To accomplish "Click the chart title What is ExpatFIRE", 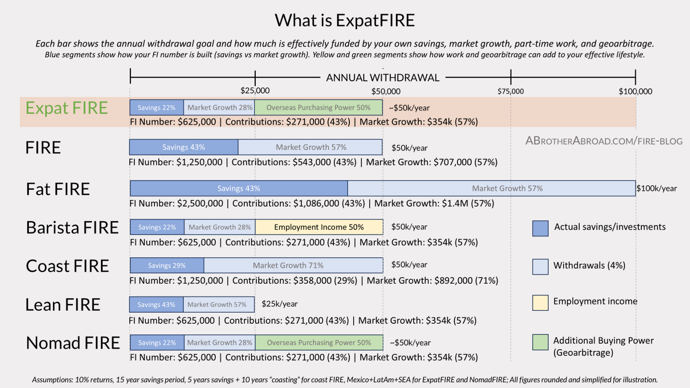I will [x=345, y=20].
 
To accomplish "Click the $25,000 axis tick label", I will [x=255, y=91].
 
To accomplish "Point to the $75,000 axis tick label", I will [x=511, y=91].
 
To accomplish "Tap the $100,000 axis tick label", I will [x=635, y=91].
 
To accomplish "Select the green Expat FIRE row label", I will [x=67, y=108].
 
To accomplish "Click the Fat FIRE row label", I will [x=58, y=189].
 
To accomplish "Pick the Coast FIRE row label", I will [x=68, y=266].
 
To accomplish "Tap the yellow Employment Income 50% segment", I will [x=319, y=227].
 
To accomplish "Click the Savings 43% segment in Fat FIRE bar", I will [x=239, y=188].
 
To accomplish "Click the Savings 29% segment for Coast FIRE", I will [x=167, y=265].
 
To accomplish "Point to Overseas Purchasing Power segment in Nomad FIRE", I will [x=319, y=343].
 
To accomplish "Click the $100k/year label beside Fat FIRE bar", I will [x=656, y=188].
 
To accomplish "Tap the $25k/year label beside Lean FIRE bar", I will [x=279, y=304].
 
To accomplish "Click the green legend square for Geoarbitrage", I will [x=540, y=342].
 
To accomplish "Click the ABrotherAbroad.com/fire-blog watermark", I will [x=604, y=141].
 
